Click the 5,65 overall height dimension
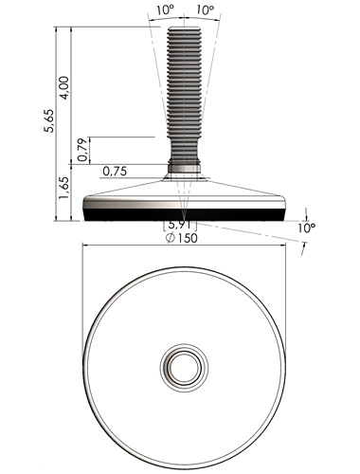click(x=49, y=120)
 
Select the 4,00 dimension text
click(x=63, y=88)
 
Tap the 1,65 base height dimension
click(x=63, y=188)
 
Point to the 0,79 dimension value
click(x=82, y=150)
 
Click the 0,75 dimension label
click(x=115, y=172)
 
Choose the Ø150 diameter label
click(x=182, y=238)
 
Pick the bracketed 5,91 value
click(x=180, y=225)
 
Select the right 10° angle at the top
click(x=205, y=10)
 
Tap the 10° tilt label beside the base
click(x=307, y=228)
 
